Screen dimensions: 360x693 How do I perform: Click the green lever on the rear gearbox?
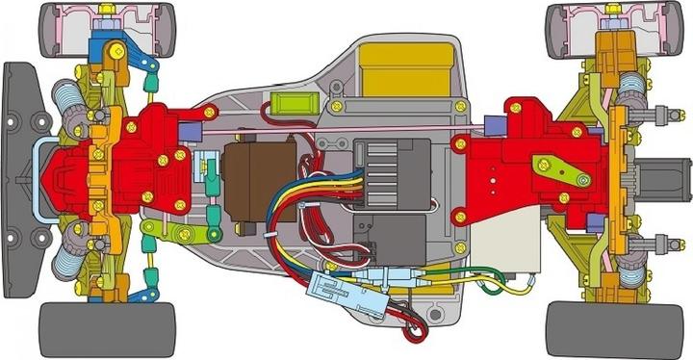[x=560, y=170]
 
